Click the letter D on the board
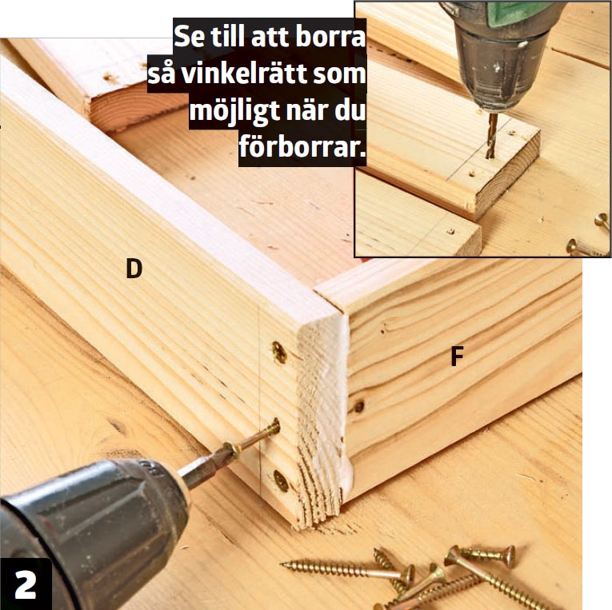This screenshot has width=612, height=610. click(x=134, y=269)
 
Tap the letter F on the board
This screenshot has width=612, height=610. click(x=457, y=357)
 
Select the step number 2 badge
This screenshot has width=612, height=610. click(x=26, y=584)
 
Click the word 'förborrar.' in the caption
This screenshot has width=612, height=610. click(x=302, y=148)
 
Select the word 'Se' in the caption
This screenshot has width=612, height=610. click(x=189, y=38)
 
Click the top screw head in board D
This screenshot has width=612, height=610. click(x=279, y=352)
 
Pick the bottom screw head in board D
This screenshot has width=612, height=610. click(x=281, y=480)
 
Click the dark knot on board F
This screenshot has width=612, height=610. click(x=359, y=407)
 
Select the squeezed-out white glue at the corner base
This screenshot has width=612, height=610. click(x=346, y=474)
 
